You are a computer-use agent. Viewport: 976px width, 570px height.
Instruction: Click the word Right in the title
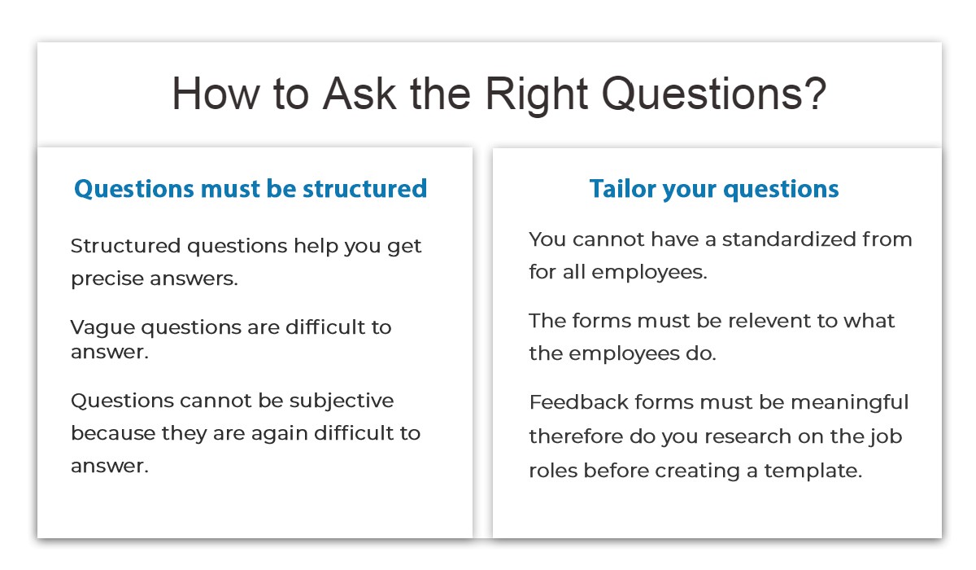536,94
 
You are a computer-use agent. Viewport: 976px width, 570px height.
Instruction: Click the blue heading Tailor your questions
714,189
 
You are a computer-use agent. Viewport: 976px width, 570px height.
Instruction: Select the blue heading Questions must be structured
251,189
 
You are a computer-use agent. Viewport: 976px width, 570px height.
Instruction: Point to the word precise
105,279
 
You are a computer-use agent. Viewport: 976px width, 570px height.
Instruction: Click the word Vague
102,327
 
